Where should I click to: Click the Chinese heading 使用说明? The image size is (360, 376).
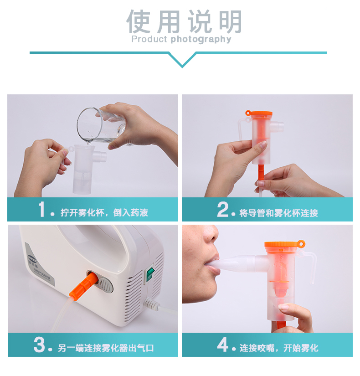coord(184,22)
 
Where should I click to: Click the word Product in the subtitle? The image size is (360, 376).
coord(149,39)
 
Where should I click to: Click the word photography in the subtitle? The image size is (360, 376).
coord(201,40)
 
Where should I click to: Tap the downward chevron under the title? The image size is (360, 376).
coord(182,59)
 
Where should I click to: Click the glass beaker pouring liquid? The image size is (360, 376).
coord(101,125)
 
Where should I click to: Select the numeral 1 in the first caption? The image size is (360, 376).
coord(42,209)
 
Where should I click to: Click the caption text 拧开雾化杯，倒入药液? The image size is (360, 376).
coord(104,213)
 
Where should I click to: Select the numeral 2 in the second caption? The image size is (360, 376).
coord(222,209)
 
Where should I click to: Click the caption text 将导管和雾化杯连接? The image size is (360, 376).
coord(278,213)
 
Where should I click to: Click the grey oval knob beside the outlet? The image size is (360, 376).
coord(106,285)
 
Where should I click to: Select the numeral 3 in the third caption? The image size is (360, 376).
coord(39,345)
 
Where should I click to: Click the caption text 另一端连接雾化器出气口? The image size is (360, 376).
coord(106,348)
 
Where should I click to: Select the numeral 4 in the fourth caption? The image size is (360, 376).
coord(223,345)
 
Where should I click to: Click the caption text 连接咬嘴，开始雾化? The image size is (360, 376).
coord(279,348)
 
